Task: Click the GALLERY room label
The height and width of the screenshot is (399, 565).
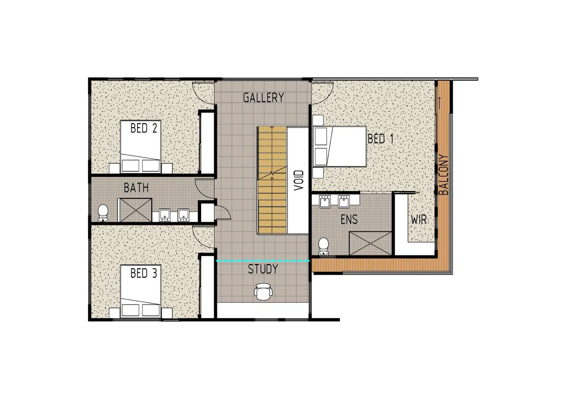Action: coord(264,97)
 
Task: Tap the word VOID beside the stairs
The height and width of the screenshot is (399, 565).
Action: coord(299,180)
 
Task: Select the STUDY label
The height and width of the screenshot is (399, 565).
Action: coord(263,269)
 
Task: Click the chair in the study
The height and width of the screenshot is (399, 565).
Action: coord(263,291)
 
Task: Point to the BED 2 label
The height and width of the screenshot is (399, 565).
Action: coord(144,128)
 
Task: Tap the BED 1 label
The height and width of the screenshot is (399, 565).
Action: coord(381,139)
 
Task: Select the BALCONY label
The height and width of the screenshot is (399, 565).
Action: coord(444,174)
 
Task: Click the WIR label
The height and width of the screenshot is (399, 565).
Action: coord(419,220)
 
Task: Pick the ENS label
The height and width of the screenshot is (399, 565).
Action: coord(349,219)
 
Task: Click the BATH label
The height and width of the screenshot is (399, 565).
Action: coord(136,188)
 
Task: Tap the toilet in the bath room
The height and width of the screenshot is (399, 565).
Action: coord(103,213)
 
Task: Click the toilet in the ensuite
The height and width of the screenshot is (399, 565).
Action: coord(323,246)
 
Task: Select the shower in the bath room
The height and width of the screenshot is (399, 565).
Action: coord(136,210)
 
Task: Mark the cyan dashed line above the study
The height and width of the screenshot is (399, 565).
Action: coord(263,261)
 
